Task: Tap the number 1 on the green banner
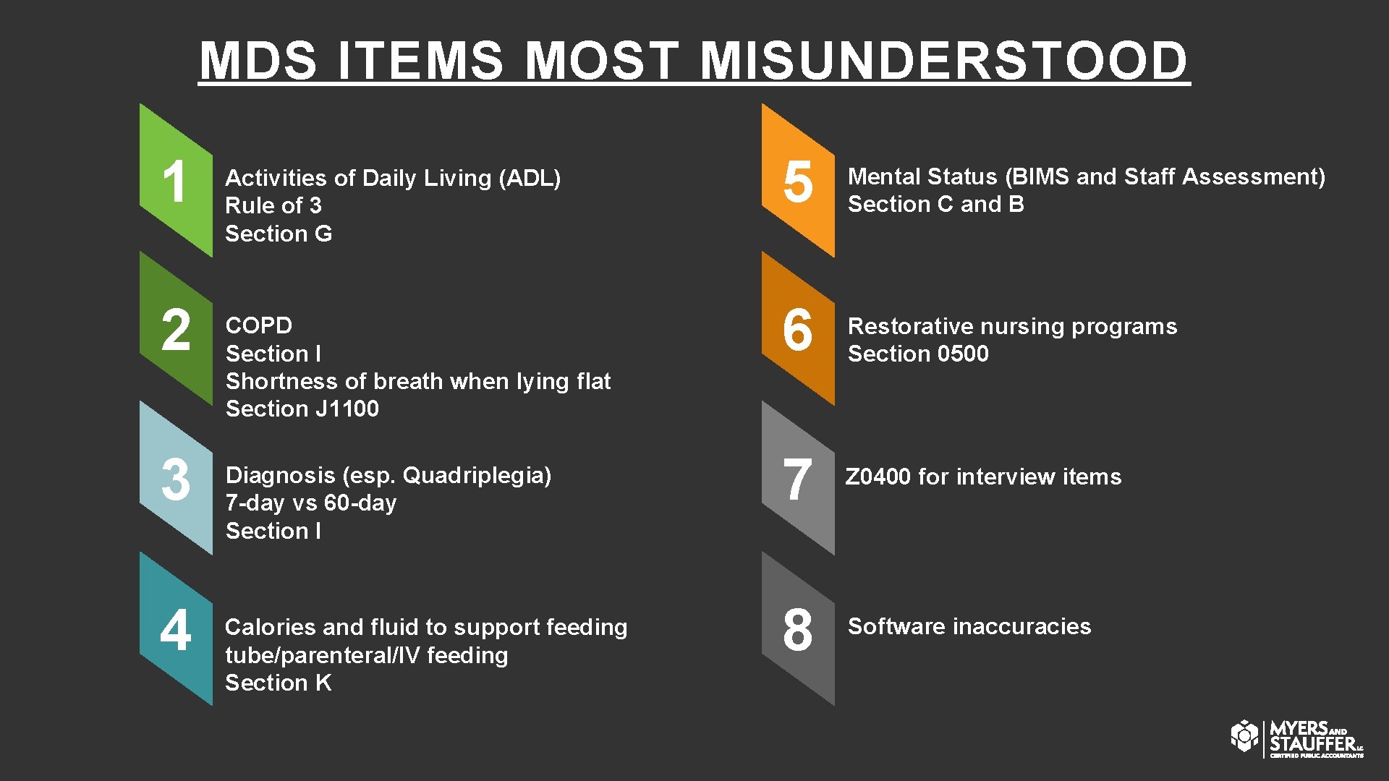pyautogui.click(x=174, y=181)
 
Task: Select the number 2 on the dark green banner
pyautogui.click(x=176, y=330)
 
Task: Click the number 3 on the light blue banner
pyautogui.click(x=176, y=479)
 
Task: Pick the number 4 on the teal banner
pyautogui.click(x=176, y=630)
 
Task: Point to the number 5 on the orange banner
pyautogui.click(x=798, y=181)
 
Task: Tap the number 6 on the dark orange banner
pyautogui.click(x=798, y=330)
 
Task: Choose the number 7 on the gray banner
pyautogui.click(x=797, y=479)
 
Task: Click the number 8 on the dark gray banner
pyautogui.click(x=798, y=630)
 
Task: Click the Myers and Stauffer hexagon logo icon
pyautogui.click(x=1244, y=736)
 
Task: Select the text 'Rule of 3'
pyautogui.click(x=273, y=205)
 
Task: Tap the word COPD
pyautogui.click(x=259, y=325)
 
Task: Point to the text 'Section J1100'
pyautogui.click(x=302, y=409)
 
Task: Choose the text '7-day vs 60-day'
pyautogui.click(x=311, y=503)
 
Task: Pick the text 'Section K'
pyautogui.click(x=279, y=683)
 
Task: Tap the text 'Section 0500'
pyautogui.click(x=918, y=354)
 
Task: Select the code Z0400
pyautogui.click(x=878, y=477)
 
